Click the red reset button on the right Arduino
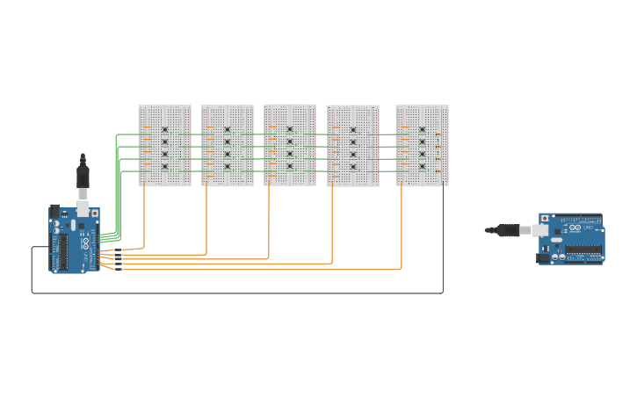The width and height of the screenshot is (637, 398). click(544, 218)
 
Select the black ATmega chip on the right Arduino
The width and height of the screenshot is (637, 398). click(583, 250)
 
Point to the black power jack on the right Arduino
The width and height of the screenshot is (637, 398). click(544, 257)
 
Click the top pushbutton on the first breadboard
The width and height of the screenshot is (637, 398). click(164, 130)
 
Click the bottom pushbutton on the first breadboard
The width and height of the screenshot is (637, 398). click(164, 166)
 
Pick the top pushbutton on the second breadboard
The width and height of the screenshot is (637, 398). click(227, 130)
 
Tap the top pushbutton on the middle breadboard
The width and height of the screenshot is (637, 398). click(290, 129)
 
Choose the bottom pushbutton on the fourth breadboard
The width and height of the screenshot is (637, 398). click(353, 167)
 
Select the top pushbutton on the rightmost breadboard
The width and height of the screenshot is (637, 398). click(422, 129)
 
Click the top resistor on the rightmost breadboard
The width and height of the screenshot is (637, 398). click(438, 134)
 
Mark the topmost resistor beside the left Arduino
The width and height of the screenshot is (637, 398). click(117, 251)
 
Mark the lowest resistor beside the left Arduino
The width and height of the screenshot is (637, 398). click(117, 269)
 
